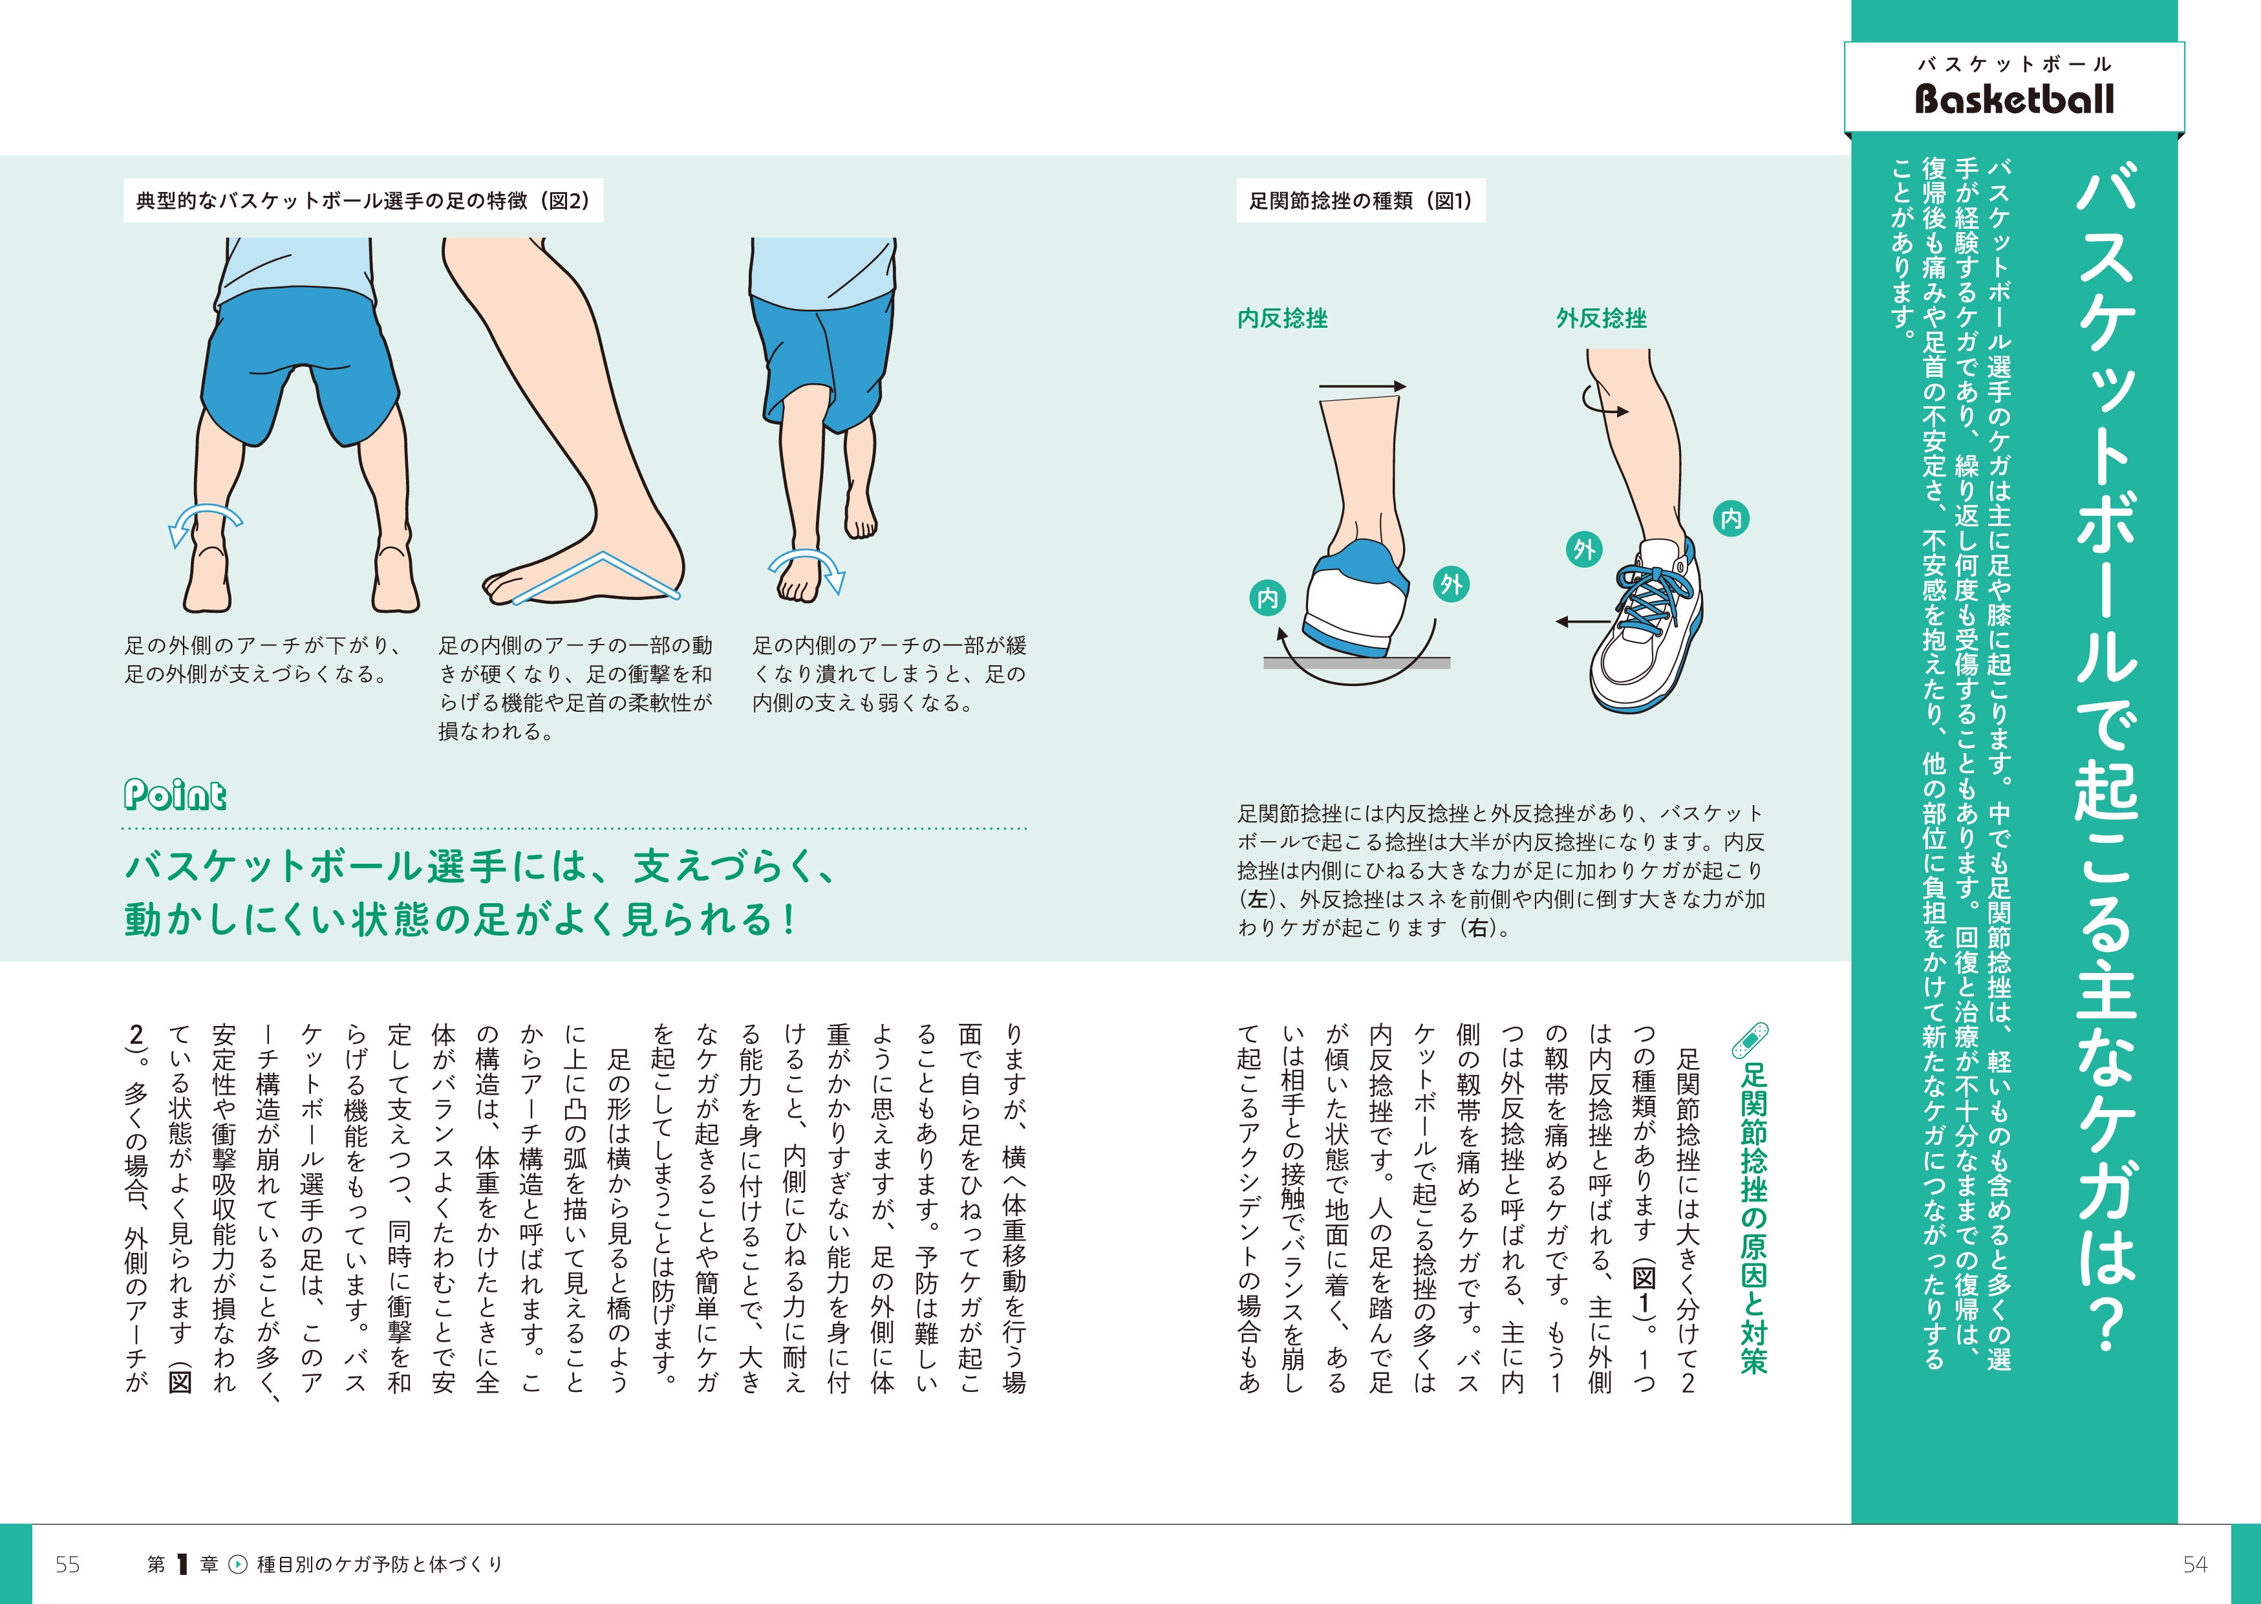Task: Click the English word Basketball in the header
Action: [2014, 99]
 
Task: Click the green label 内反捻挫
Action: [1282, 318]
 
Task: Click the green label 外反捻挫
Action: [1601, 318]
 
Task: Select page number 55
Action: [67, 1563]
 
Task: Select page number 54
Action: [2195, 1563]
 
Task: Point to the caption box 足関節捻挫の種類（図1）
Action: [1360, 200]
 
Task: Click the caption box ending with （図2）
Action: [363, 200]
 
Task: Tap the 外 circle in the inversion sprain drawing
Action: [1451, 584]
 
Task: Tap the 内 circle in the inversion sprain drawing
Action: [1267, 597]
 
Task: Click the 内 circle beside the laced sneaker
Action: [1731, 519]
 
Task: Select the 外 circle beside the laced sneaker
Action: [1584, 549]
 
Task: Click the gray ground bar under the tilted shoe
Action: [1356, 663]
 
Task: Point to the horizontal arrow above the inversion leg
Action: [1362, 386]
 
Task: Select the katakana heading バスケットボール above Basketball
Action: [2014, 64]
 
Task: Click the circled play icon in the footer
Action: [238, 1565]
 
